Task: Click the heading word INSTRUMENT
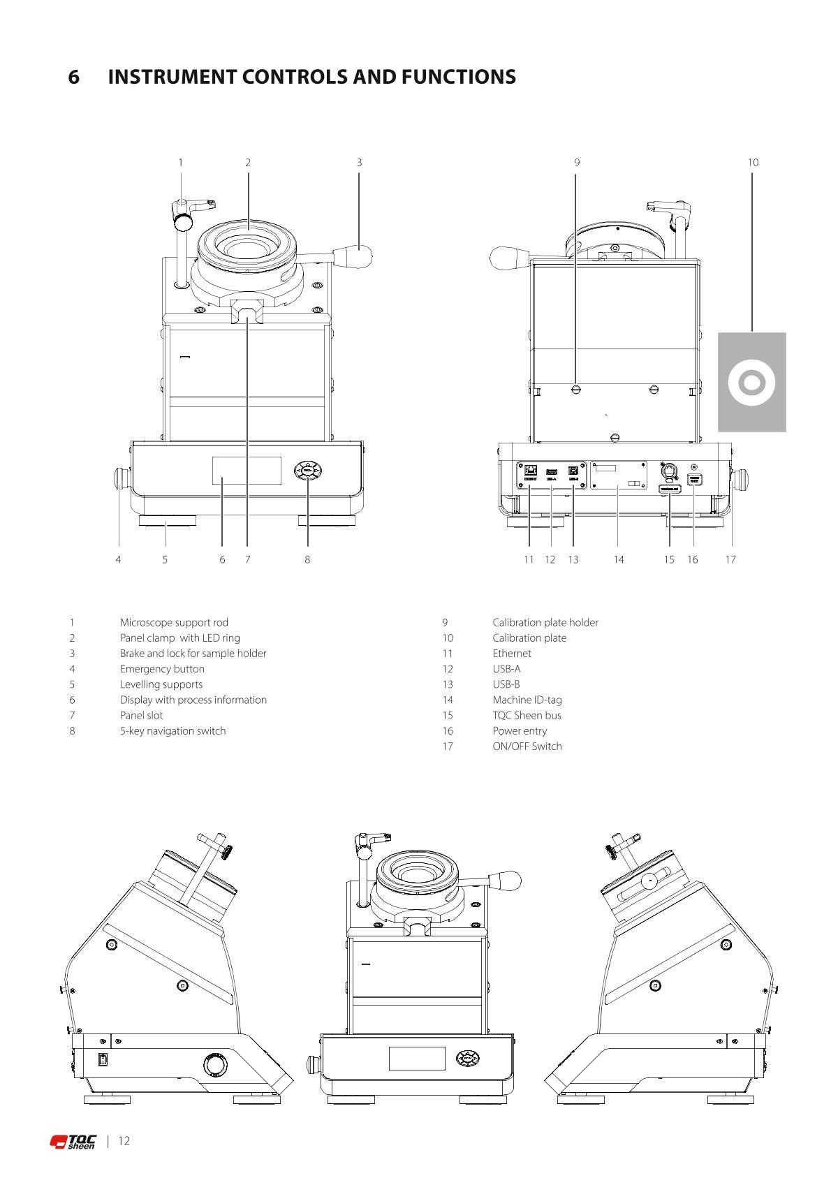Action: point(173,77)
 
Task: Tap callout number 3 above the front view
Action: point(359,163)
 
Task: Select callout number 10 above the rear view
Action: point(753,163)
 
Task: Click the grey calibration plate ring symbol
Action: point(751,382)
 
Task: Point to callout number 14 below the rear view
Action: point(619,559)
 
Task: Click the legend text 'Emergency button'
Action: point(162,669)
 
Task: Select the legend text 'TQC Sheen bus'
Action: point(527,715)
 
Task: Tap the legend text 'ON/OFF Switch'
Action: point(527,746)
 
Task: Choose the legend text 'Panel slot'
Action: point(141,715)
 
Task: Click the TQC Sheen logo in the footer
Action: point(73,1142)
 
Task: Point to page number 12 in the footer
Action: point(124,1141)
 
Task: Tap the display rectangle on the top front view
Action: point(247,471)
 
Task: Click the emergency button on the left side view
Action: point(216,1065)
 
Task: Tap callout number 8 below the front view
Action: point(307,559)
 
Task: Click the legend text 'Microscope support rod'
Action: point(174,622)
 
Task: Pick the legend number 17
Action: point(448,746)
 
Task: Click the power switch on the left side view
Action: point(103,1060)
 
